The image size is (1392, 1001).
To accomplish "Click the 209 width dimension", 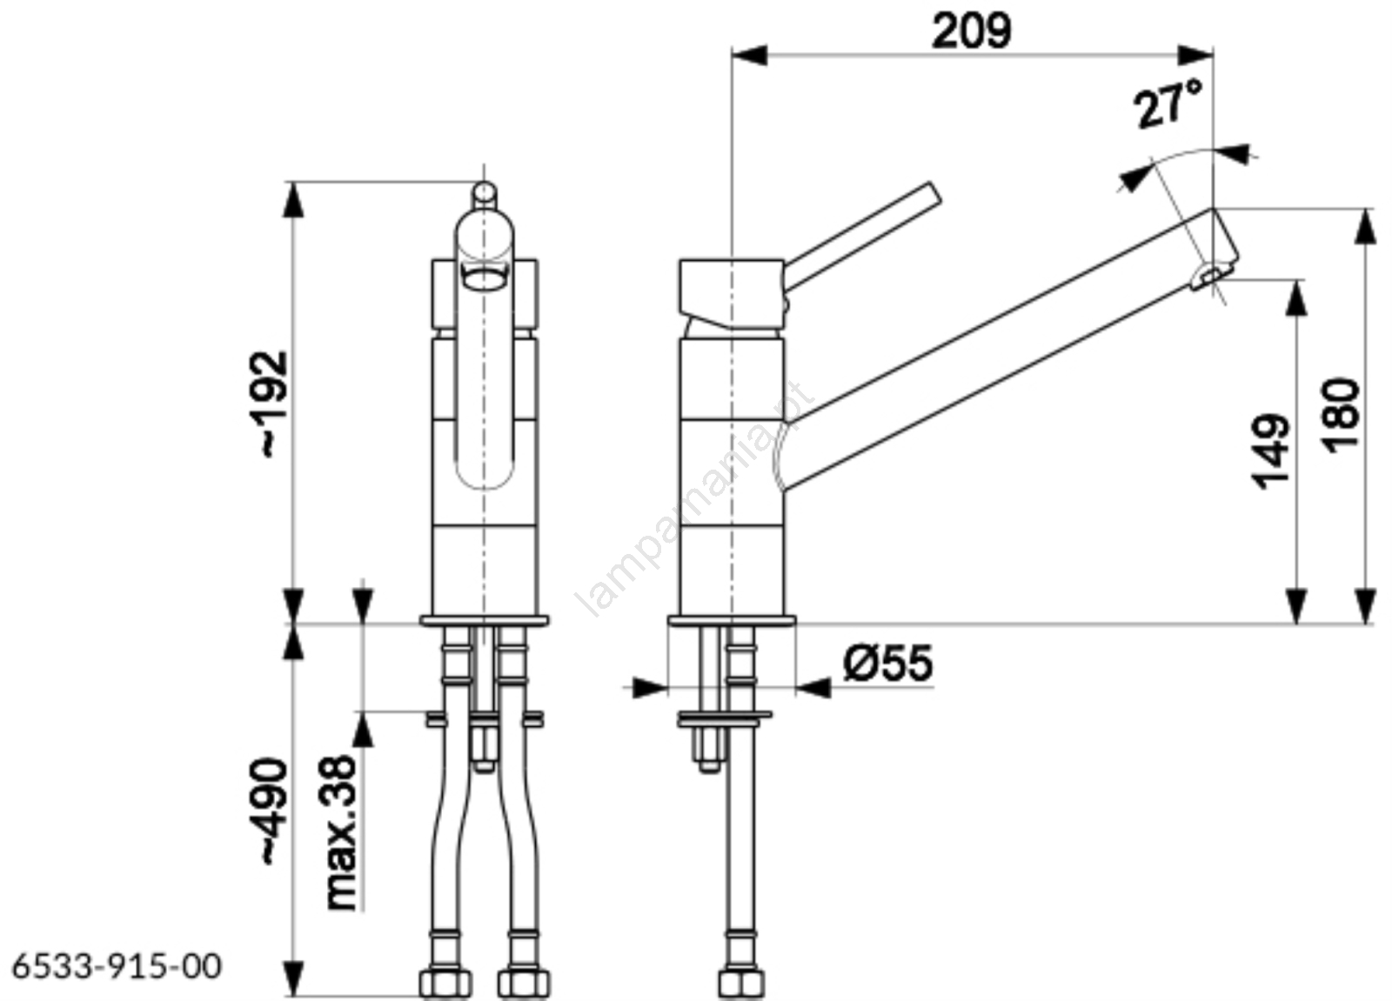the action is coord(971,30).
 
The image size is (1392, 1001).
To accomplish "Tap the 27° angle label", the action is coord(1168,104).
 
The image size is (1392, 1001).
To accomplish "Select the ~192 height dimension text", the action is coord(274,405).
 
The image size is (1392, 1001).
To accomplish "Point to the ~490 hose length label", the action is coord(274,811).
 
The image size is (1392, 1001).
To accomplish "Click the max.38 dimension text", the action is coord(341,832).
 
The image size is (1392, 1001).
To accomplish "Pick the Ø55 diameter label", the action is coord(888,663).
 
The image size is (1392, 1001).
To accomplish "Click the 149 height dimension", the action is coord(1270,451).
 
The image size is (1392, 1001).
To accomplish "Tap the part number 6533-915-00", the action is coord(117,967).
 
